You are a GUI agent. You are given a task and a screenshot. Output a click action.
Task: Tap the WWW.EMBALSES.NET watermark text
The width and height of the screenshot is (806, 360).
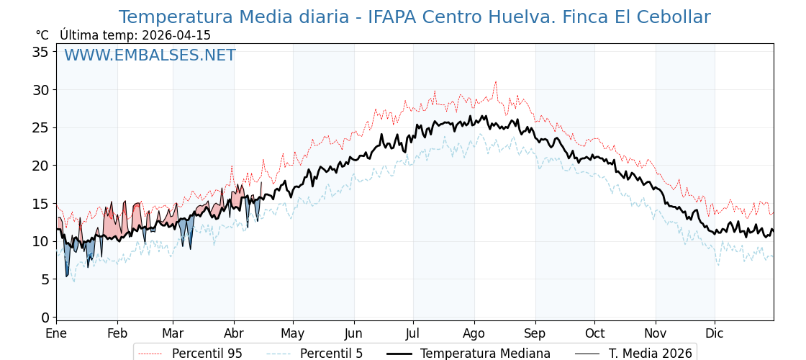tap(150, 55)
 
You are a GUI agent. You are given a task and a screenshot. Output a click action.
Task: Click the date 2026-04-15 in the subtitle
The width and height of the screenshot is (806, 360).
tap(176, 35)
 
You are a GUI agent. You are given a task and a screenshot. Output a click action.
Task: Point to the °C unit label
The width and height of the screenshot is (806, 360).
tap(42, 35)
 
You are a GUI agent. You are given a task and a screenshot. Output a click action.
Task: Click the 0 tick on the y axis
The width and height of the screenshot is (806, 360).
tap(45, 318)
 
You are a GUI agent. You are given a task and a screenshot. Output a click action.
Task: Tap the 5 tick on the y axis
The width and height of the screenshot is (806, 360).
tap(45, 279)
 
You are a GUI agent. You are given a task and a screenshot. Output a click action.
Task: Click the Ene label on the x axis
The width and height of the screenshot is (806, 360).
tap(56, 334)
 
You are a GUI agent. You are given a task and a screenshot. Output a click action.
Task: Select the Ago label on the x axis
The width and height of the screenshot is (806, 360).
tap(474, 334)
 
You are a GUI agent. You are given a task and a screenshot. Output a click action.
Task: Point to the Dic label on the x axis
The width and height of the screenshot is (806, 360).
tap(714, 334)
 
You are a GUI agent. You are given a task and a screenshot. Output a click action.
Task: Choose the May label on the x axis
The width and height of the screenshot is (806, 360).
tap(293, 334)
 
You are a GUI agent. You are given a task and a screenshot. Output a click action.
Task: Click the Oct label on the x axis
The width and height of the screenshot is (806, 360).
tap(594, 334)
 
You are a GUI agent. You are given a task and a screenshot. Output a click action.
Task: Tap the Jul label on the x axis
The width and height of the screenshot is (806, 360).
tap(413, 334)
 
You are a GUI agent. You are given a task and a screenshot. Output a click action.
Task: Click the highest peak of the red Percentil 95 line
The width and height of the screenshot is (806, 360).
tap(495, 81)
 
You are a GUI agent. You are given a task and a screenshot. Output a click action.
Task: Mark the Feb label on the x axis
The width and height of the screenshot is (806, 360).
tap(117, 334)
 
